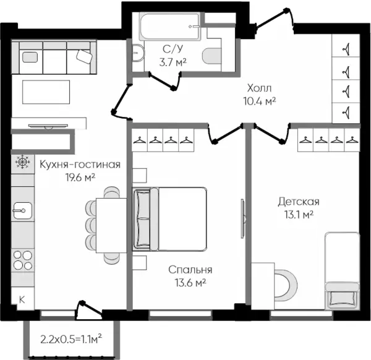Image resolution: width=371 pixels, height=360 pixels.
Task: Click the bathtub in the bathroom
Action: [x=170, y=26]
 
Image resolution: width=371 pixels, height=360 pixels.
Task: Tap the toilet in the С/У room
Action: [x=212, y=56]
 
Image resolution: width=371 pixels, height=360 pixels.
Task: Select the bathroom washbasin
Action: [x=138, y=53]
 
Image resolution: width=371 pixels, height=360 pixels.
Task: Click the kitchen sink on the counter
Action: [x=22, y=210]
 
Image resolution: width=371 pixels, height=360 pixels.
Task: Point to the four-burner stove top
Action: [x=23, y=260]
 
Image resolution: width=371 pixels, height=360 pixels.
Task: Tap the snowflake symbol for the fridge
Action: [x=22, y=162]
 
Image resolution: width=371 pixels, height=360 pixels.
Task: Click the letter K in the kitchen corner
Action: [x=22, y=299]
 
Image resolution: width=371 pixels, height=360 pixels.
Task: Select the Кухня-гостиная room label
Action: [x=80, y=165]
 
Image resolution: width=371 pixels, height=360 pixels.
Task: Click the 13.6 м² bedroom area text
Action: [x=190, y=283]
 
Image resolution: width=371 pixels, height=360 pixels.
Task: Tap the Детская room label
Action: [x=299, y=202]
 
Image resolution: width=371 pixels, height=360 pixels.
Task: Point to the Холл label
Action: [x=259, y=88]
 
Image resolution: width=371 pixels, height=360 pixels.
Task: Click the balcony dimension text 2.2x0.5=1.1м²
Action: [x=71, y=340]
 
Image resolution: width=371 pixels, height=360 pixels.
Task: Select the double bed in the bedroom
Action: [x=169, y=219]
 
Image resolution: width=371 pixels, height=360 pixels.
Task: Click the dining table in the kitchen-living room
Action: [x=111, y=226]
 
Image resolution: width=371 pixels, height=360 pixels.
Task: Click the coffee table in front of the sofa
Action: [x=46, y=92]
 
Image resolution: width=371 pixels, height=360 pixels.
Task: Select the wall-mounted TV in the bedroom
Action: [x=243, y=218]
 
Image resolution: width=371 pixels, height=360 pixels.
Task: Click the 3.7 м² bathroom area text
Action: [x=173, y=62]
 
